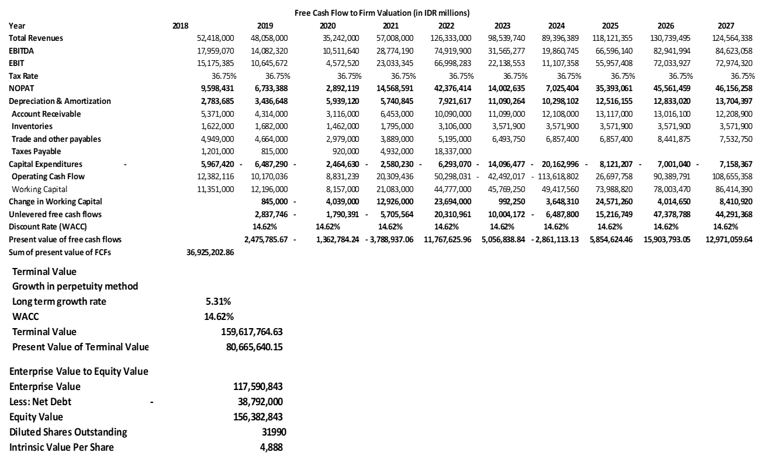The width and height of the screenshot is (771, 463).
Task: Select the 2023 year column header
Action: [x=502, y=26]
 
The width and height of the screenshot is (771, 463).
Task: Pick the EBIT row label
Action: [x=17, y=63]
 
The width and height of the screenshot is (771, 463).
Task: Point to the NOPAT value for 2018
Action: [x=217, y=89]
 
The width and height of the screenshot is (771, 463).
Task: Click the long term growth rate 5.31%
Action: [x=217, y=301]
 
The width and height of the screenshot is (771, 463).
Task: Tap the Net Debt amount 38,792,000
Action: [x=259, y=402]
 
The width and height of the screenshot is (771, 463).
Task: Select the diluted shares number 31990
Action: [x=275, y=432]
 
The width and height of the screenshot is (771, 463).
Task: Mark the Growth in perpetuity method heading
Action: [x=75, y=286]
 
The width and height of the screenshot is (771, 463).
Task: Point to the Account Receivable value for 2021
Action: [x=397, y=114]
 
